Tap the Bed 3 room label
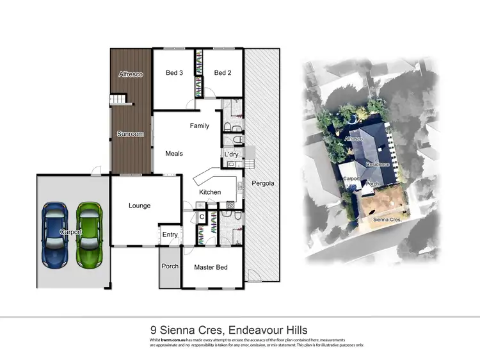pos(174,73)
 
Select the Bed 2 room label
pos(222,73)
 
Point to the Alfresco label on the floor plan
pos(131,75)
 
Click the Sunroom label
pos(130,135)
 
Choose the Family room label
pos(199,126)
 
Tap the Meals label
pos(174,154)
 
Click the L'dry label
pos(230,155)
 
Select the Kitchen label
pos(210,192)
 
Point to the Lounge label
pos(140,206)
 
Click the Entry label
pos(170,234)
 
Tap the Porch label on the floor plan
pos(170,266)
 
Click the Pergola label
pos(263,183)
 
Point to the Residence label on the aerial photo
pos(378,165)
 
